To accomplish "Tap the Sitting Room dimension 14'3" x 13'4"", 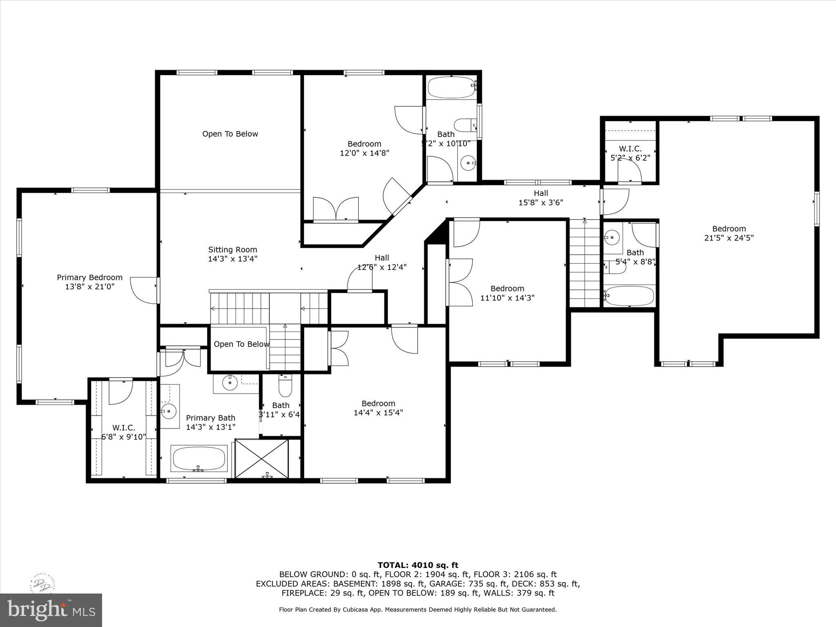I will pos(233,259).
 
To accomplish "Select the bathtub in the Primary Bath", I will pos(200,459).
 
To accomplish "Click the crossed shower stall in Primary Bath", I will pos(262,458).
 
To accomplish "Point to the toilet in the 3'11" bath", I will pos(285,387).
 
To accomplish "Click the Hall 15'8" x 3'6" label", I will pos(541,198).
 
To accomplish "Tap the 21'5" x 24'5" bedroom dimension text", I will pos(729,238).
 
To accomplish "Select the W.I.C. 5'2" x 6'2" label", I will pos(630,153).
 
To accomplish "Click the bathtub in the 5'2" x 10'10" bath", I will pos(451,87).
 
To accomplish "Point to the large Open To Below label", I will pos(230,134).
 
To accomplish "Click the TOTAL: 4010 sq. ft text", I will pos(418,565).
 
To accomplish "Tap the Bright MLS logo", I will pos(51,610).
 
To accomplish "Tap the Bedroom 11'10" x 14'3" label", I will pos(507,293).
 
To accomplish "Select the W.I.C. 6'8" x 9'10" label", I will pos(124,432).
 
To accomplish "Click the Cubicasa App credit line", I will pos(418,609).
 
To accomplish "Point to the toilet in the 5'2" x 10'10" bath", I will pos(465,125).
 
